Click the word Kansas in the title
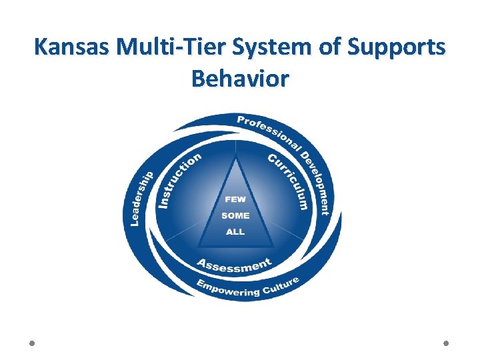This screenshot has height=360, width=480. click(73, 48)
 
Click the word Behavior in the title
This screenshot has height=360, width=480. click(240, 79)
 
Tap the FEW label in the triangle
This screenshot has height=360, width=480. click(235, 199)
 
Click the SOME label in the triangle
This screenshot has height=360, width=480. click(235, 215)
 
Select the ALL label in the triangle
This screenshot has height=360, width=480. click(235, 232)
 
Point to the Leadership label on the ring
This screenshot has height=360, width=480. click(142, 197)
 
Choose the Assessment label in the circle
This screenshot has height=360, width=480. click(234, 265)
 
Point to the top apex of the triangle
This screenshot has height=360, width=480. click(235, 155)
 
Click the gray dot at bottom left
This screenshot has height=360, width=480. click(33, 343)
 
